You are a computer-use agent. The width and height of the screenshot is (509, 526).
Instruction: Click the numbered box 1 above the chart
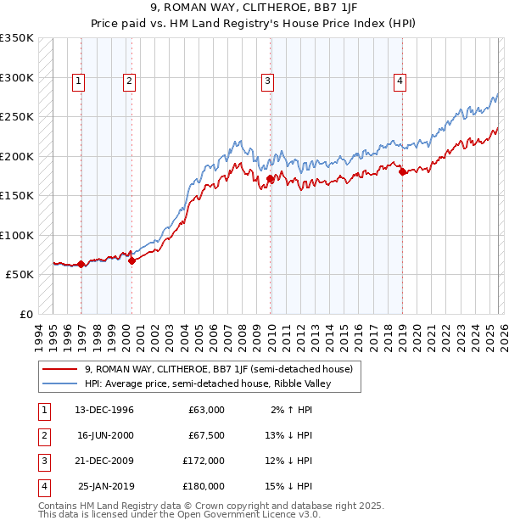78,81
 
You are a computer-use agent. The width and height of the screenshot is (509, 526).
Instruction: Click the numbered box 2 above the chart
129,81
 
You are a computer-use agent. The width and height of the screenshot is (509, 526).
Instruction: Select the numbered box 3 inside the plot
267,81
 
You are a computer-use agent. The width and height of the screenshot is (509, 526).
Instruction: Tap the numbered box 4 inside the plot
399,81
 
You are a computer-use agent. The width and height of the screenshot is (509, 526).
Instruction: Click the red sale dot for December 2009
271,179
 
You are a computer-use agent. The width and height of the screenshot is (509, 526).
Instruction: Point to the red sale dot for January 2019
402,172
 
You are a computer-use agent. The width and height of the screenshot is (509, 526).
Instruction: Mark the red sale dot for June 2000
132,261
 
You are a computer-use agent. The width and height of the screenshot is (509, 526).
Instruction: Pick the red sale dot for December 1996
81,265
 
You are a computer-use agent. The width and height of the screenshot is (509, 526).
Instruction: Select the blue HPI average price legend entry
205,383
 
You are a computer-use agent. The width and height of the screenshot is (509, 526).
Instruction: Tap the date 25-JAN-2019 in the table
108,486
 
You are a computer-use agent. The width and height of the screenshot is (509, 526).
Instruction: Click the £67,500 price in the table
206,435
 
